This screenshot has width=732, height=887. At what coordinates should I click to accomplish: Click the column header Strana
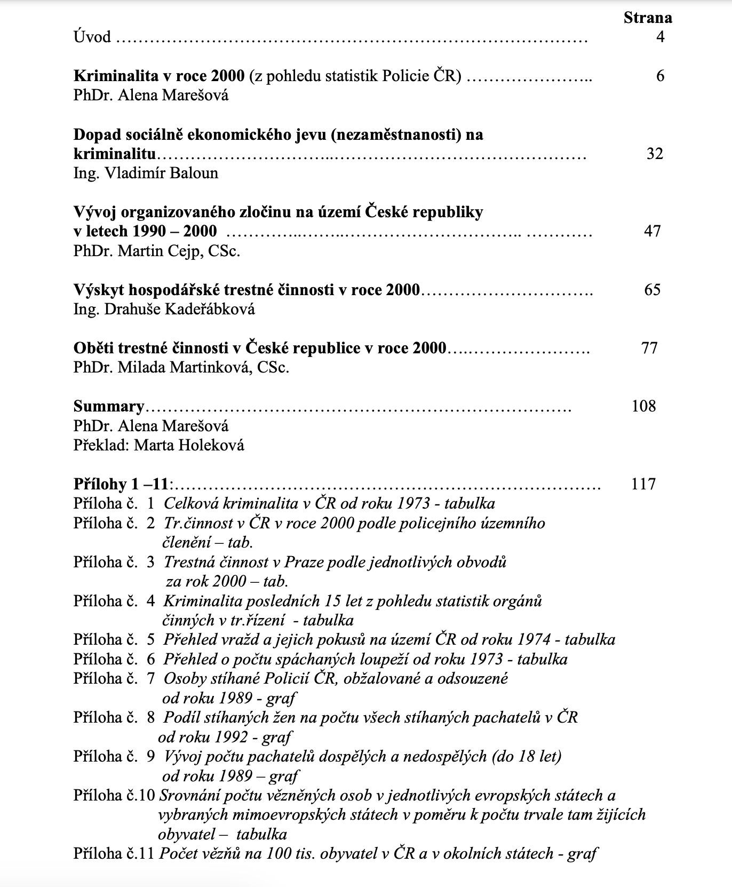[647, 18]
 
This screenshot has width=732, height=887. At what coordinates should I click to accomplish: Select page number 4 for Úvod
[660, 37]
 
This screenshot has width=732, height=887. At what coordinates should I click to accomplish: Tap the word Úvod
[92, 37]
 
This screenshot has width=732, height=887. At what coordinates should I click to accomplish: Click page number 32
[655, 154]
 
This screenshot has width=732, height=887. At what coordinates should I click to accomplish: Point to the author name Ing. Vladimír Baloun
[146, 173]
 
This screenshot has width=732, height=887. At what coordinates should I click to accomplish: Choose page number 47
[653, 231]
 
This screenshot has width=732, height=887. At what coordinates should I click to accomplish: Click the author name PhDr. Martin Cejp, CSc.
[157, 251]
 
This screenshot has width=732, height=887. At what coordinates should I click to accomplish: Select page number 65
[653, 290]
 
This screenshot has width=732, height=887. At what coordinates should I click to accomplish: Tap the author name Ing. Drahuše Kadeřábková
[164, 310]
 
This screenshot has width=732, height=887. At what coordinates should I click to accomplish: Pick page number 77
[649, 348]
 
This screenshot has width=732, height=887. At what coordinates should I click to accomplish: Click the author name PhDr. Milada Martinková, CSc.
[181, 368]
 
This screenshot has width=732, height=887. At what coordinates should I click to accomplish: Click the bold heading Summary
[109, 407]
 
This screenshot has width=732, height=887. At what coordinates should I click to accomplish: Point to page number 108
[643, 406]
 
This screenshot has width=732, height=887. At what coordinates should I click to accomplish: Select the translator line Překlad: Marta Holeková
[159, 445]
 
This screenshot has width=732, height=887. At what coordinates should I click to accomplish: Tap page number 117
[643, 484]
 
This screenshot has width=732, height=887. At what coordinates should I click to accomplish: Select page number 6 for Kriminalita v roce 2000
[660, 76]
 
